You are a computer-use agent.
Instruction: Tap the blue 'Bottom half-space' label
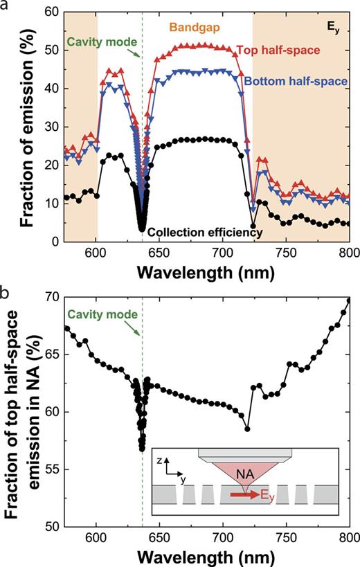305,81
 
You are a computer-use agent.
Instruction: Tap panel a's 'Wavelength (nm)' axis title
206,269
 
